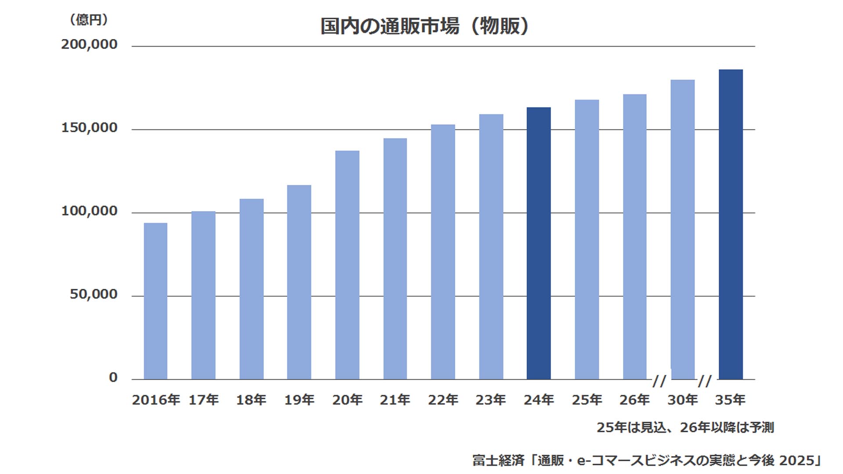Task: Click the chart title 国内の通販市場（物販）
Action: pos(424,26)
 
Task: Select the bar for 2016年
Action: pos(155,301)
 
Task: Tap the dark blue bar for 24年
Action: pos(539,243)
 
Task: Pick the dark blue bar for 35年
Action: pos(731,224)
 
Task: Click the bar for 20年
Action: pos(347,265)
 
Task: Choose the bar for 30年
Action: pos(683,230)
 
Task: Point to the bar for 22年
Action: pos(443,252)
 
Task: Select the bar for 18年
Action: pos(252,289)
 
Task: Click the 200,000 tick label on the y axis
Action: pos(90,44)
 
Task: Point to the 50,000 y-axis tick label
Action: pos(94,294)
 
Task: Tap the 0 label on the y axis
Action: pos(113,377)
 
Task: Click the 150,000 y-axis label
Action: pos(90,128)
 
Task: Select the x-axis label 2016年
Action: pos(156,400)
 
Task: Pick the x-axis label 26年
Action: pos(634,400)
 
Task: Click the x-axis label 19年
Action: pos(299,400)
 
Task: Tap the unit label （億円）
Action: pos(89,20)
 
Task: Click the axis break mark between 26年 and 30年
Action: pos(659,381)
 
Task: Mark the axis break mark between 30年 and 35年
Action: pos(705,381)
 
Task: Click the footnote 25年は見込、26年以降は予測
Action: pos(685,427)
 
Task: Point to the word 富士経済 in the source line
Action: pos(498,460)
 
